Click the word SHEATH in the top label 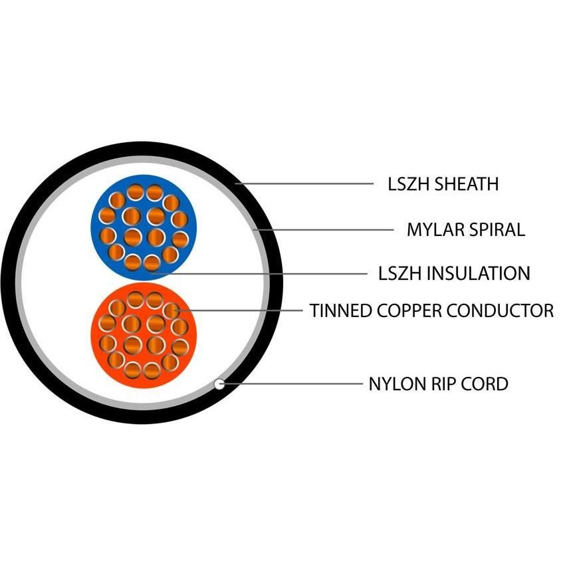tap(467, 183)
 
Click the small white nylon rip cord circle tap(219, 384)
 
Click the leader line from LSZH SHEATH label tap(304, 183)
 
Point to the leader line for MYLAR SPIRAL tap(323, 229)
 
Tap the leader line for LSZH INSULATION tap(259, 273)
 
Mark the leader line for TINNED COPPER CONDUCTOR tap(239, 310)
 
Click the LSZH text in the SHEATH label tap(409, 183)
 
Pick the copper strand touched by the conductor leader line tap(171, 310)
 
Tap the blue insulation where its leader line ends tap(152, 273)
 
